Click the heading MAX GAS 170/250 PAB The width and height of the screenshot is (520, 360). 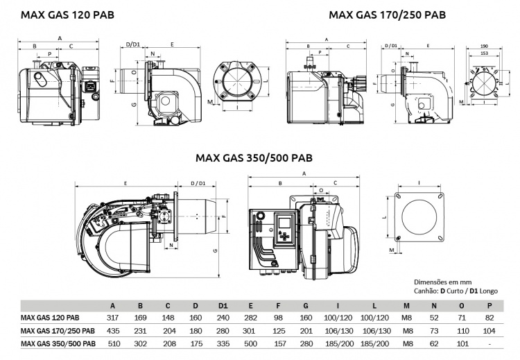pos(387,14)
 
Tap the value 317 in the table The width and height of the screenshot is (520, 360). pos(113,318)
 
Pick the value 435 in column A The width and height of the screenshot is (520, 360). pos(113,330)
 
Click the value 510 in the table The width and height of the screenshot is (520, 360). pos(113,343)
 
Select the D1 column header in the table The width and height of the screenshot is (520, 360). pos(223,305)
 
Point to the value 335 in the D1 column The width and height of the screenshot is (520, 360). pos(223,343)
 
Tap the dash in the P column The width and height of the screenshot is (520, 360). pos(490,343)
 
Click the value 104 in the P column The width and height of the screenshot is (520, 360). pos(490,330)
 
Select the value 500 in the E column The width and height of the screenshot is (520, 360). pos(250,343)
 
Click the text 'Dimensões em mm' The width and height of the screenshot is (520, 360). pos(442,282)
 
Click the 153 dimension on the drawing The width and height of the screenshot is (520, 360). pos(483,53)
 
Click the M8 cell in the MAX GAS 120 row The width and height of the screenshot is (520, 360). pos(406,318)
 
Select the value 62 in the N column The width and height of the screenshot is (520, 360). pos(434,343)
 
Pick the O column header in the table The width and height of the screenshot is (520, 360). pos(462,305)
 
